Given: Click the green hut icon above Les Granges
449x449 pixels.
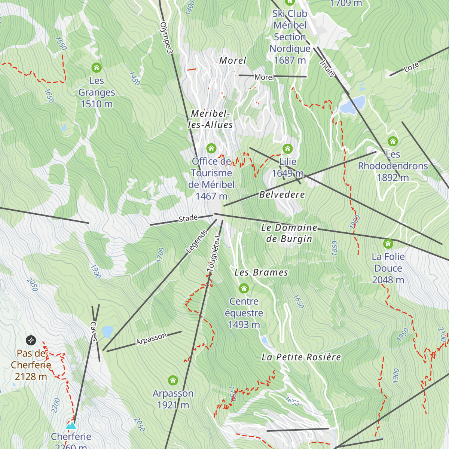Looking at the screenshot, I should click(x=97, y=68).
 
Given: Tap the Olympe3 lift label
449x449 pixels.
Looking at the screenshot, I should click(x=166, y=37).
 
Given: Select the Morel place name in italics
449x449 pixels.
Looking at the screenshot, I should click(x=233, y=61).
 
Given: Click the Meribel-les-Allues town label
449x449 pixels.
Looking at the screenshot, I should click(x=210, y=119).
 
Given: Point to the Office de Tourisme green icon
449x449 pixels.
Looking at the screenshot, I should click(x=211, y=149).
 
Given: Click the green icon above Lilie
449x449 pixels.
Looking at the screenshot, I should click(x=287, y=149).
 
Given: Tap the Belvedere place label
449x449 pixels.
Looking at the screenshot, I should click(x=282, y=195).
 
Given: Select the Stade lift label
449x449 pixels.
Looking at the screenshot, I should click(x=188, y=218).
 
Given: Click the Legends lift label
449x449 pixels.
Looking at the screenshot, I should click(x=197, y=241).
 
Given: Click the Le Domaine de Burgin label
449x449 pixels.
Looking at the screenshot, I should click(x=289, y=233).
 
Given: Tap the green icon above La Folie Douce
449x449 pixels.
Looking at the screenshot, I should click(x=388, y=244).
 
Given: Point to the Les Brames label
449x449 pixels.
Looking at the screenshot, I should click(x=261, y=273).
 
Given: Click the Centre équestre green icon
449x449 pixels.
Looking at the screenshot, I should click(x=244, y=288).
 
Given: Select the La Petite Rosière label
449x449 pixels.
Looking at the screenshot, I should click(x=301, y=357).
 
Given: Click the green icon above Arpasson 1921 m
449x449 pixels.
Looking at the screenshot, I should click(x=173, y=381).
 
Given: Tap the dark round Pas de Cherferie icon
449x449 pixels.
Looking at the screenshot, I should click(x=31, y=340).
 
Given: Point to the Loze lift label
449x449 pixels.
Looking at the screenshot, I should click(x=411, y=67).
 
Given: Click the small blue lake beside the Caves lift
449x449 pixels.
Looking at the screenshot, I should click(x=108, y=332).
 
